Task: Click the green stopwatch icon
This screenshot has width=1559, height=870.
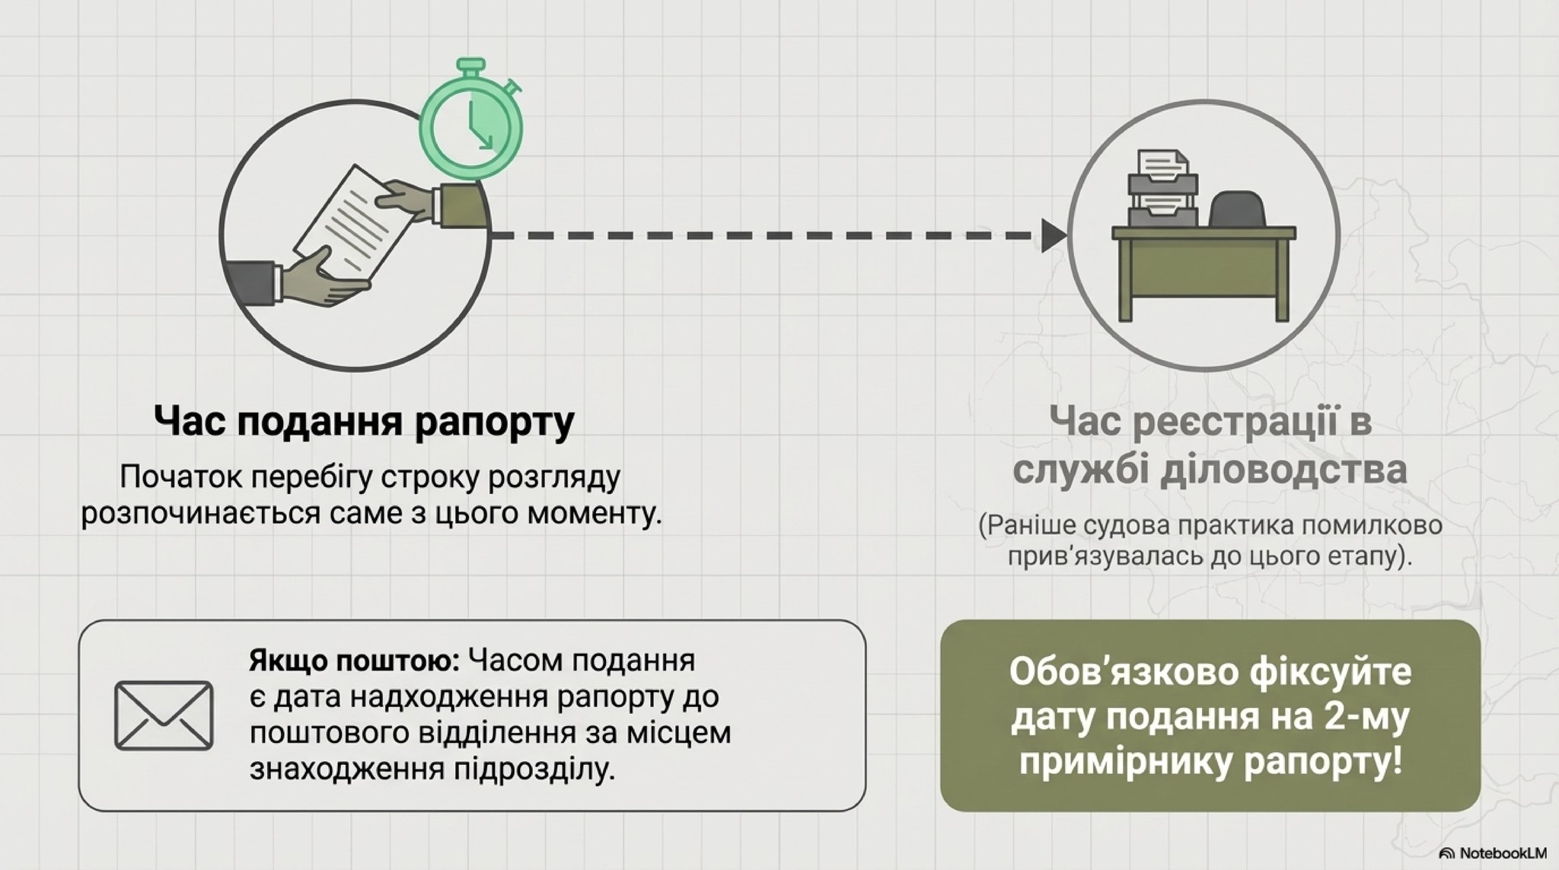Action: [x=471, y=123]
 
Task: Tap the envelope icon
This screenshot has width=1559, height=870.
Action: [x=164, y=715]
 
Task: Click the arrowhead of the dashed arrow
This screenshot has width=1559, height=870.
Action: [x=1053, y=235]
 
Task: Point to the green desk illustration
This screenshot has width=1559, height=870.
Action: [x=1203, y=266]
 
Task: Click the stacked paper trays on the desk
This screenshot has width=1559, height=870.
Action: [x=1159, y=190]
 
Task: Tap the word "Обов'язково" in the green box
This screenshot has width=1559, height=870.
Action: [x=1122, y=672]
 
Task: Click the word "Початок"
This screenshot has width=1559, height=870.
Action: [x=181, y=478]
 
